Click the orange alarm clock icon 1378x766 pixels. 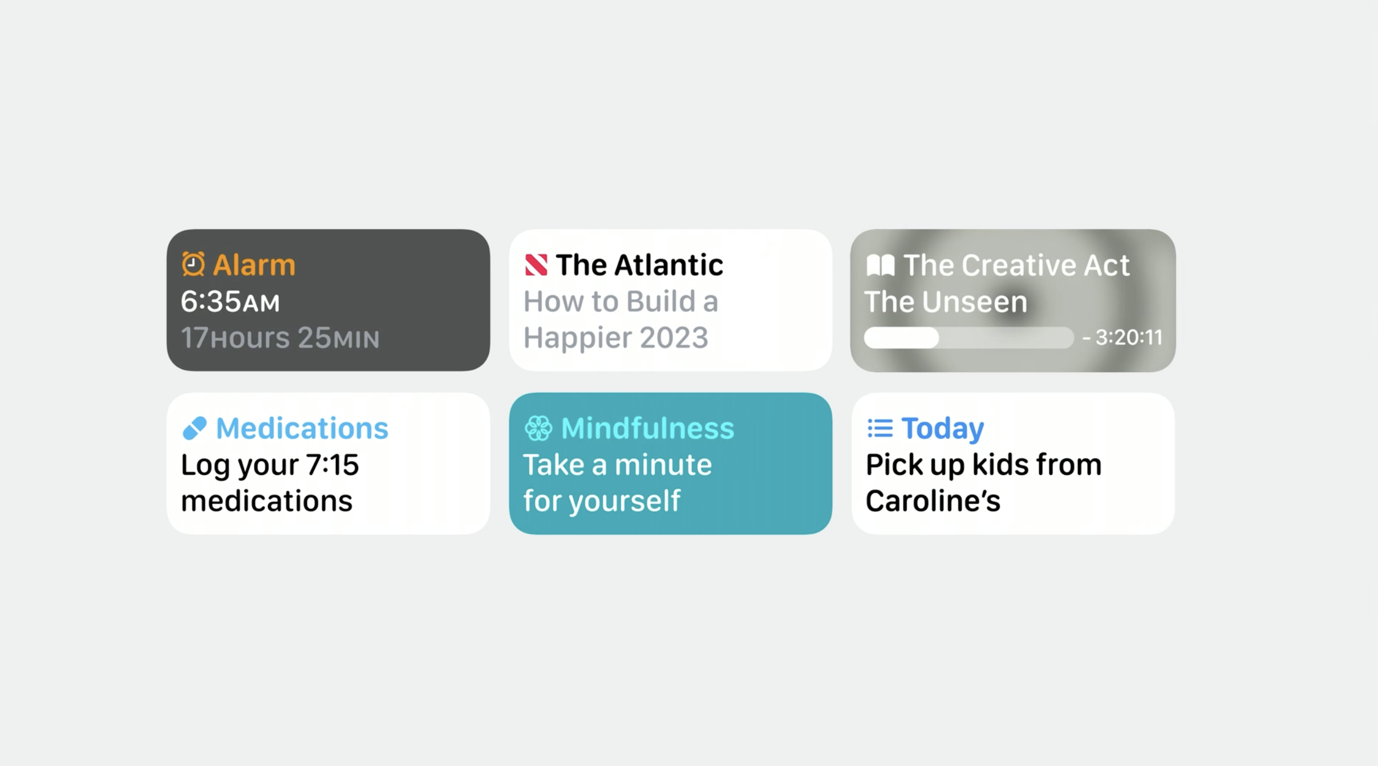193,264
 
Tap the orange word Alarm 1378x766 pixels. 254,265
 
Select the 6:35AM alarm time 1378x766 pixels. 230,302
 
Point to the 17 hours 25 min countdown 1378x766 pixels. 280,338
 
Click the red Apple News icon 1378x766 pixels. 536,265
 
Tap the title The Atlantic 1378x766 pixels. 639,265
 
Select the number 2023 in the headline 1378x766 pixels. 674,338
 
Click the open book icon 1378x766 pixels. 880,265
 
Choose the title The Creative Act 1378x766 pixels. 1016,265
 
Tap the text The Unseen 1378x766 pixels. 946,302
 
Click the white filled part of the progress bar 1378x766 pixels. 901,338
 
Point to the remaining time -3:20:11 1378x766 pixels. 1122,338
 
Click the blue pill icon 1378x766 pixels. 194,429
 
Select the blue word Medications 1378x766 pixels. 302,428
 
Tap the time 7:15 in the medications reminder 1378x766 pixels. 333,465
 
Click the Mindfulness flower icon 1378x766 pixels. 538,428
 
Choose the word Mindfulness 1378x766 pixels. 647,428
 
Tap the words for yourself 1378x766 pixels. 602,501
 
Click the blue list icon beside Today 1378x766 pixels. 880,428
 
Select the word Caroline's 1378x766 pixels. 933,501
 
